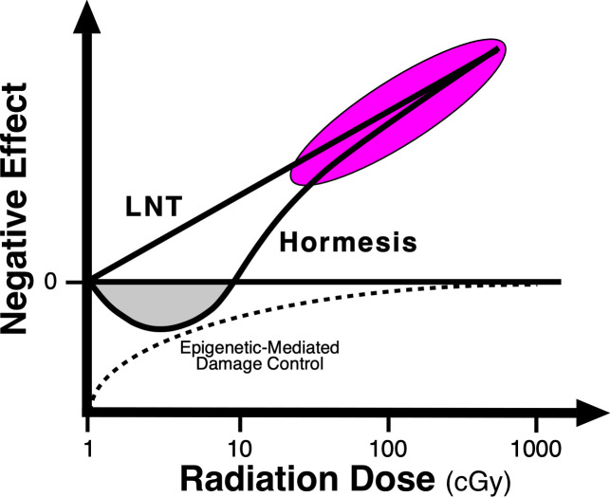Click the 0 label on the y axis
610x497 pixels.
tap(66, 282)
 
